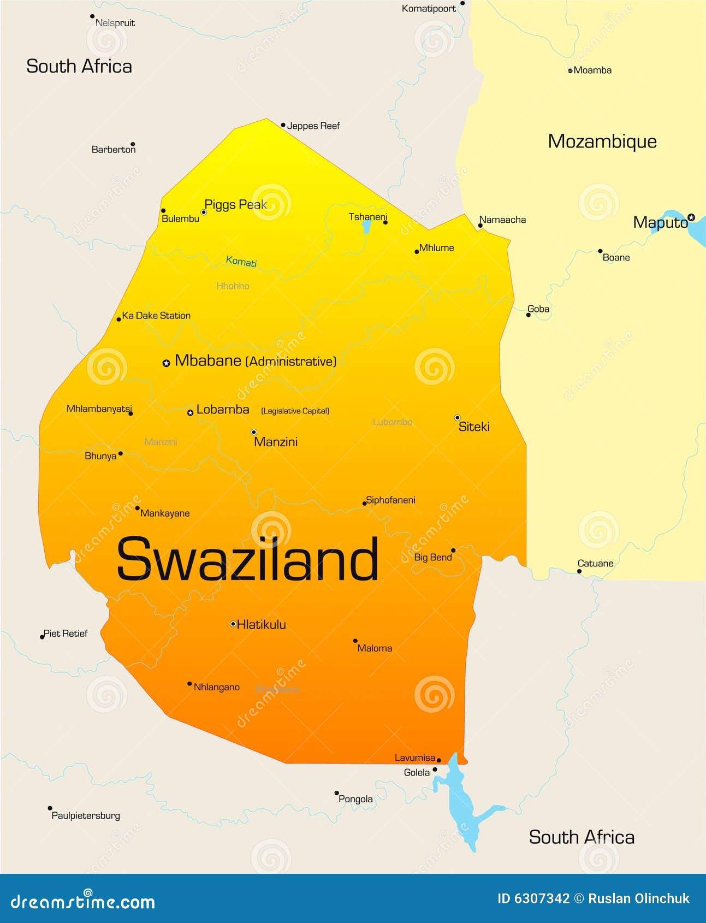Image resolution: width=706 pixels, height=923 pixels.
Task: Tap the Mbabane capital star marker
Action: tap(167, 363)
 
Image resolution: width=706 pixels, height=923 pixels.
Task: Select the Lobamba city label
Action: tap(222, 410)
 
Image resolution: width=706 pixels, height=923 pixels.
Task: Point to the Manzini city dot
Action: tap(254, 432)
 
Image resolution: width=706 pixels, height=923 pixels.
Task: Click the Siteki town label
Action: tap(474, 427)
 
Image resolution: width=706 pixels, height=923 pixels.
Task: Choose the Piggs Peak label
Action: tap(235, 205)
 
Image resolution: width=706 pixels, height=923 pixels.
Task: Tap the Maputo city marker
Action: tap(691, 217)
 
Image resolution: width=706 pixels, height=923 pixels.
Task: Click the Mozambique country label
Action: tap(602, 141)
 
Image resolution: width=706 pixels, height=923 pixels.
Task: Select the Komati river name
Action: tap(241, 262)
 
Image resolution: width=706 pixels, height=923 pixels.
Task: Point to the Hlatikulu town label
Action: tap(261, 625)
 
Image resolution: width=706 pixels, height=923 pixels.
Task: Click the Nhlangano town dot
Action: tap(189, 684)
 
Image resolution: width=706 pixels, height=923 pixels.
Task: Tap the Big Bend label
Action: tap(433, 558)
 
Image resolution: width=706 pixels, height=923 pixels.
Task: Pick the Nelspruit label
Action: tap(115, 23)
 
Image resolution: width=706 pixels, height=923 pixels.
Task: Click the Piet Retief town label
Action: tap(66, 634)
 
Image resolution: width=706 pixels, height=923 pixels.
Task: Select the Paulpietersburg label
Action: tap(86, 815)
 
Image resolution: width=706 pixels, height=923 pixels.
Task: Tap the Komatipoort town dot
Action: tap(462, 3)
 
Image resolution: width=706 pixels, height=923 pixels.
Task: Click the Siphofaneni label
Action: tap(390, 500)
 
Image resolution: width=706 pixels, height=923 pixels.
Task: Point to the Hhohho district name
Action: tap(233, 286)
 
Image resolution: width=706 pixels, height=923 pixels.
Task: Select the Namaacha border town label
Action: tap(502, 220)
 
